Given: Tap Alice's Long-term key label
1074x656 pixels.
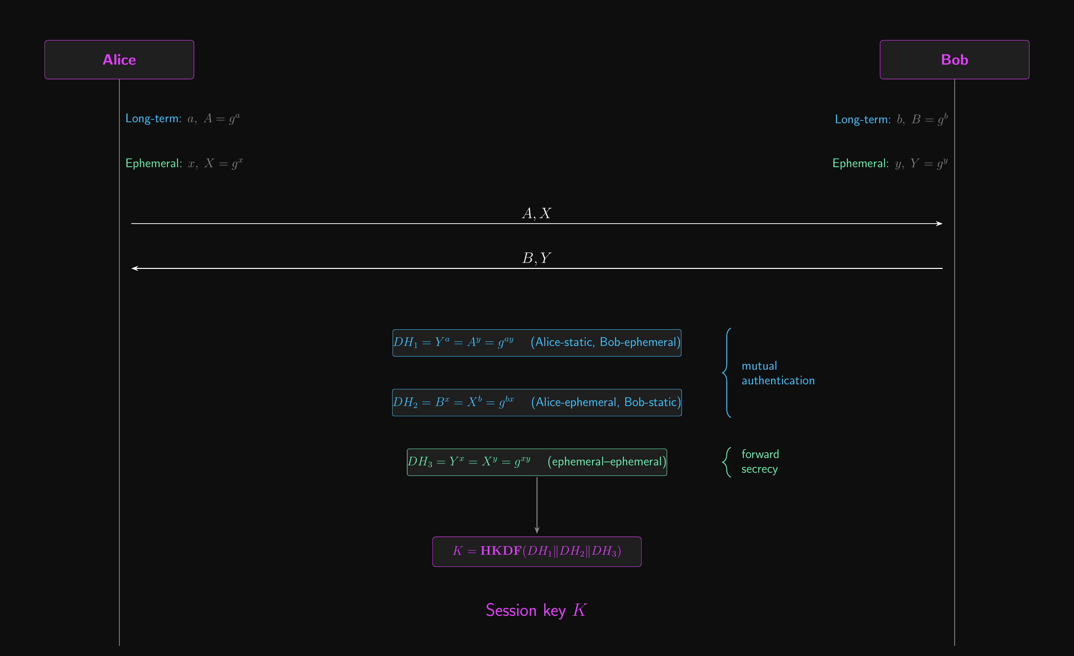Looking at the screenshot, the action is [182, 118].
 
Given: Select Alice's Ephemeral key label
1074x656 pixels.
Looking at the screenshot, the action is [184, 163].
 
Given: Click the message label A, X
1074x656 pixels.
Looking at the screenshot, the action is [536, 213].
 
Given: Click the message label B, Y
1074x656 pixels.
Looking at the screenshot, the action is [536, 258].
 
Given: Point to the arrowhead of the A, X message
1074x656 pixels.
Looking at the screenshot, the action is [942, 223].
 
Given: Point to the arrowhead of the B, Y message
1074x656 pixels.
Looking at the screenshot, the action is [132, 268].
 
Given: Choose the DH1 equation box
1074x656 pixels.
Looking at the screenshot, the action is [536, 343].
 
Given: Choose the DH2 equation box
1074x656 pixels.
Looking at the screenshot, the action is [536, 402].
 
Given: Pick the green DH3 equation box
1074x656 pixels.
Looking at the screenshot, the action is [536, 462].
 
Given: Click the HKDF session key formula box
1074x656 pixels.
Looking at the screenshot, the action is [536, 551].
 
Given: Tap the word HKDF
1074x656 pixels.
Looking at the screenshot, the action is [501, 551].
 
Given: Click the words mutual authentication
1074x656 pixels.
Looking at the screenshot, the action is [778, 373].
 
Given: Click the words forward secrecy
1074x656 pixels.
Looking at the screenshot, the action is [760, 461].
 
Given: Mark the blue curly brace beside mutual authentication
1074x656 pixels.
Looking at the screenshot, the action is [726, 373].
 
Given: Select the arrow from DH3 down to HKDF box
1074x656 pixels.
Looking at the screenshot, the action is [536, 505].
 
